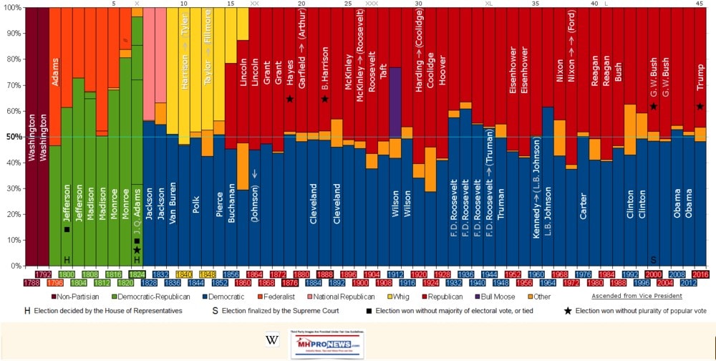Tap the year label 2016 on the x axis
pos(700,274)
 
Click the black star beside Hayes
pos(289,99)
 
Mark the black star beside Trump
pos(700,107)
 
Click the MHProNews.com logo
pos(332,340)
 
